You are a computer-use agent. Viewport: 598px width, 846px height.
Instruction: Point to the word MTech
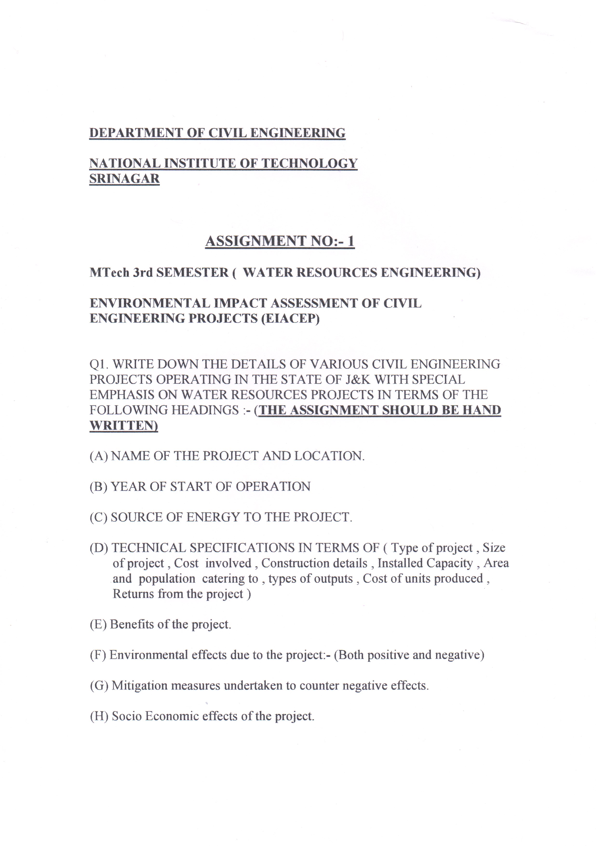(x=109, y=272)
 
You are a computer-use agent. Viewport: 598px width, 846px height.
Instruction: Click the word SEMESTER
(x=192, y=272)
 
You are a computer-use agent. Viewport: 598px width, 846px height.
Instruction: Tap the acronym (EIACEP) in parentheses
(x=290, y=318)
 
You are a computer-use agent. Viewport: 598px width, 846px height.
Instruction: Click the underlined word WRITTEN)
(x=124, y=425)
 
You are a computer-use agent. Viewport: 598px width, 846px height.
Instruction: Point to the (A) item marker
(x=99, y=456)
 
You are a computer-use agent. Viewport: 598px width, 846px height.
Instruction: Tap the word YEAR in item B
(x=130, y=487)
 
